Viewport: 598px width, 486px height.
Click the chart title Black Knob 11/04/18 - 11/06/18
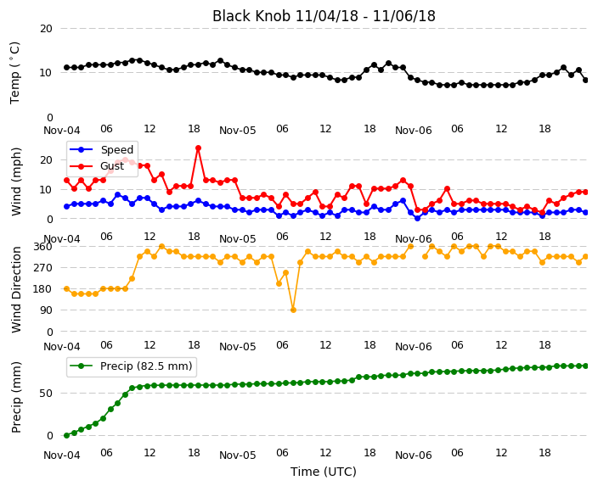tap(324, 16)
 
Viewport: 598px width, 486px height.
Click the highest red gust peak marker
tap(198, 148)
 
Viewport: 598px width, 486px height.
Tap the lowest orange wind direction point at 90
tap(293, 310)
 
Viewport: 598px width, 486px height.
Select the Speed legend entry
tap(101, 149)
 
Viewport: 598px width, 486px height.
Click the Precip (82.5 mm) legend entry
tap(131, 366)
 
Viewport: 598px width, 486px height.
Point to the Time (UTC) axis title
tap(324, 472)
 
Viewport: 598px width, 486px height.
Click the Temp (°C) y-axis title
tap(14, 73)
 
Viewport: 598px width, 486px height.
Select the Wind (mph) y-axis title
tap(16, 182)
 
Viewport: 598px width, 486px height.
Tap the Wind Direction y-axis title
tap(16, 289)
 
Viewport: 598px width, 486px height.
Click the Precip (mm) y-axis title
tap(16, 397)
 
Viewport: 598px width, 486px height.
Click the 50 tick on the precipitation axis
tap(46, 393)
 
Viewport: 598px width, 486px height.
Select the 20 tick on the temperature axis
tap(46, 29)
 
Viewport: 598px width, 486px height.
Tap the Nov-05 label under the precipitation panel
tap(238, 455)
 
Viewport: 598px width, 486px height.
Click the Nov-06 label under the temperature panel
tap(414, 131)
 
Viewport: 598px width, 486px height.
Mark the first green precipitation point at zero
tap(67, 435)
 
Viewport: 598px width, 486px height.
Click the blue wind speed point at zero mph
tap(418, 219)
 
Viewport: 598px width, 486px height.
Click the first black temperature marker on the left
tap(67, 67)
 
